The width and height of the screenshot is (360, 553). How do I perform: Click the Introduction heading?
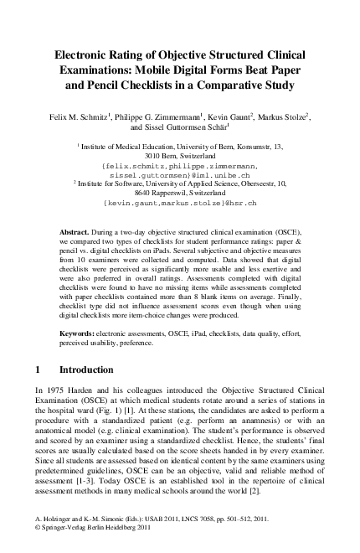[90, 370]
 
